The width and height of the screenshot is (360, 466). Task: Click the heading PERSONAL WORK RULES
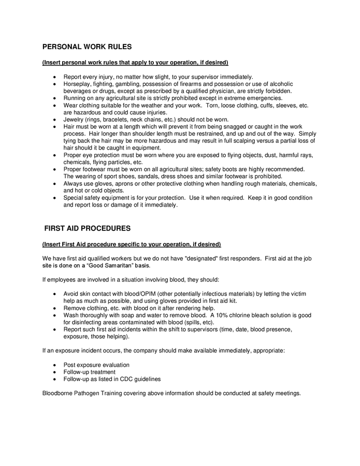(87, 47)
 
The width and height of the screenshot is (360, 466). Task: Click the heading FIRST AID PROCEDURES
(91, 228)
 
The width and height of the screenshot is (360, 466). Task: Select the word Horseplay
(77, 84)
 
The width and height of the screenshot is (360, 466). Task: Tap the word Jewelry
(74, 119)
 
